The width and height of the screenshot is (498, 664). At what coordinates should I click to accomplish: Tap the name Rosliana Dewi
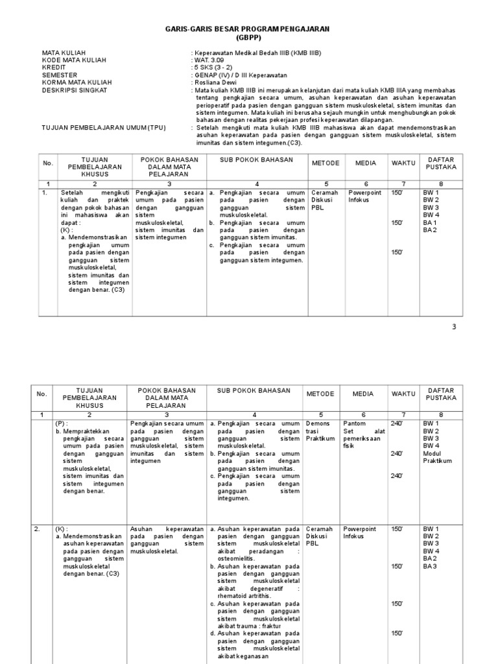215,82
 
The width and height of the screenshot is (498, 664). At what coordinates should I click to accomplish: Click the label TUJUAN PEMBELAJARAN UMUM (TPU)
104,127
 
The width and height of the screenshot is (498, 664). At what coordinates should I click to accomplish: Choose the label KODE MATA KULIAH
74,60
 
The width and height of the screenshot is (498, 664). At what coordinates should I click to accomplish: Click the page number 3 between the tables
454,327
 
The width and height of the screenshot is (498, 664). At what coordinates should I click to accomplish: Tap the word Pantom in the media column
353,423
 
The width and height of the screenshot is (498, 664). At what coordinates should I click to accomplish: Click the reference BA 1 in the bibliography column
431,222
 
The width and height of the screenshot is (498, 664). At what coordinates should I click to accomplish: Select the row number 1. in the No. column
44,193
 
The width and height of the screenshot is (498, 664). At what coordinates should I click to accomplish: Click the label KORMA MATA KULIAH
77,82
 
